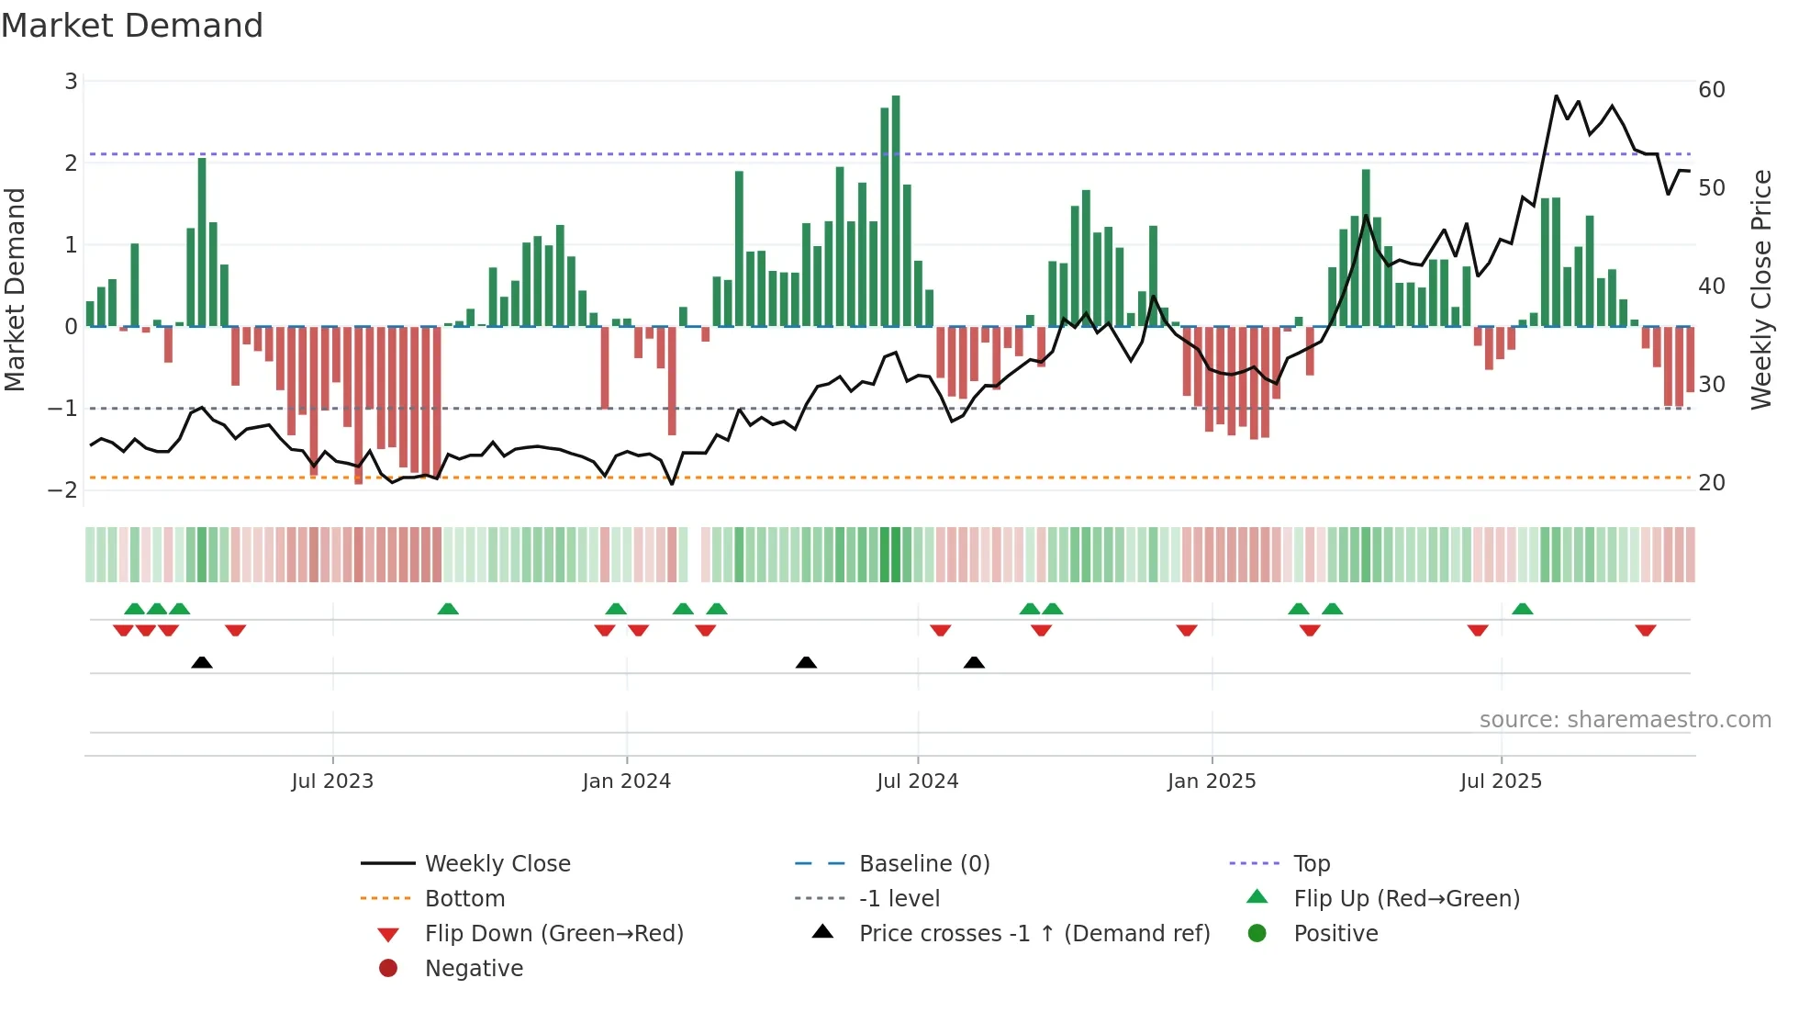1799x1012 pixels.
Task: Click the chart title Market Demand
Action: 132,26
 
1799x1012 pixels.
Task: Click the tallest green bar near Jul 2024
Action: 896,211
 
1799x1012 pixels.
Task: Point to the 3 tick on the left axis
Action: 71,82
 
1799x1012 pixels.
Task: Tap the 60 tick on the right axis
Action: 1711,90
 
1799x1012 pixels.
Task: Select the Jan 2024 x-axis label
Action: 626,781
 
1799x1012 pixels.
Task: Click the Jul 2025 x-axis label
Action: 1501,781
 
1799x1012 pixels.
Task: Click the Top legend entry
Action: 1311,864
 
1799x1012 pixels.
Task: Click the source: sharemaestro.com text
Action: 1625,720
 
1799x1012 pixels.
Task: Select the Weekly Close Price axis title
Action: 1760,289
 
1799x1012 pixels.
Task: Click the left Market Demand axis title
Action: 15,289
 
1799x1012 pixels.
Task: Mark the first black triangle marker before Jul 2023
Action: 202,662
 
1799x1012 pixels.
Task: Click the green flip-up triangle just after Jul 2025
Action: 1522,609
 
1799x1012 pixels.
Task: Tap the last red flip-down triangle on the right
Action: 1645,630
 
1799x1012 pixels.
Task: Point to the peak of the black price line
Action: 1556,96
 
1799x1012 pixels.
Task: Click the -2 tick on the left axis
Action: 62,489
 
